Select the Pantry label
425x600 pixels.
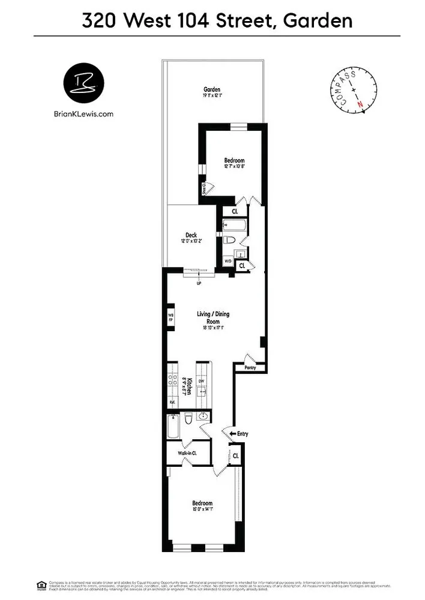click(250, 367)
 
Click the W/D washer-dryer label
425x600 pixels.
click(228, 262)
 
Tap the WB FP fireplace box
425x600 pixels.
click(170, 316)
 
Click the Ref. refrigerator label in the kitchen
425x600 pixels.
click(172, 402)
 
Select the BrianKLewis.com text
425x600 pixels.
click(83, 113)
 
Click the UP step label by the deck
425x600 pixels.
click(198, 283)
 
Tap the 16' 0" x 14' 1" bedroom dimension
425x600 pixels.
click(202, 510)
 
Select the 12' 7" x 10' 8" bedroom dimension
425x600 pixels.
click(234, 167)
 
